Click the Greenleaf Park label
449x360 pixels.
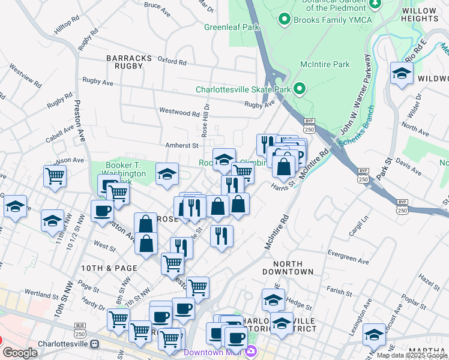click(x=231, y=27)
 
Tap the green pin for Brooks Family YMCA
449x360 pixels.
click(x=284, y=19)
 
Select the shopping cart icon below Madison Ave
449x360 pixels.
click(x=55, y=176)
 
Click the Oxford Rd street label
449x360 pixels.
click(x=172, y=61)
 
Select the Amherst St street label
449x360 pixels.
click(x=182, y=145)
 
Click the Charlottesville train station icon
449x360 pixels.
click(x=94, y=344)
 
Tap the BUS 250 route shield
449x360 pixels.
click(x=80, y=329)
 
